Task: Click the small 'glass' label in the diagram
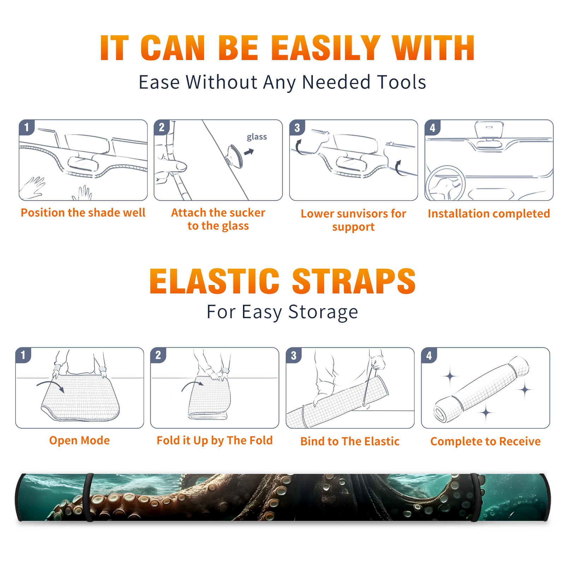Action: point(257,137)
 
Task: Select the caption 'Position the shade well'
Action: point(83,213)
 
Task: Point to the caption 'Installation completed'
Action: point(489,214)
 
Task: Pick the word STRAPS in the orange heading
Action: point(354,281)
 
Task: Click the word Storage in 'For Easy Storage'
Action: point(323,312)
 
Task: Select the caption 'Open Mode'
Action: point(79,440)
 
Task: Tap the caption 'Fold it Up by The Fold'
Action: point(215,440)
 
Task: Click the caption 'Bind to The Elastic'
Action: point(350,441)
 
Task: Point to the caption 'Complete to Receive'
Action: point(486,441)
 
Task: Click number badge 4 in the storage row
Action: point(429,355)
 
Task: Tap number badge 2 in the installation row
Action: point(162,127)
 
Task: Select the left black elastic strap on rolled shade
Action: point(89,498)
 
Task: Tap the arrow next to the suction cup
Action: point(249,152)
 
